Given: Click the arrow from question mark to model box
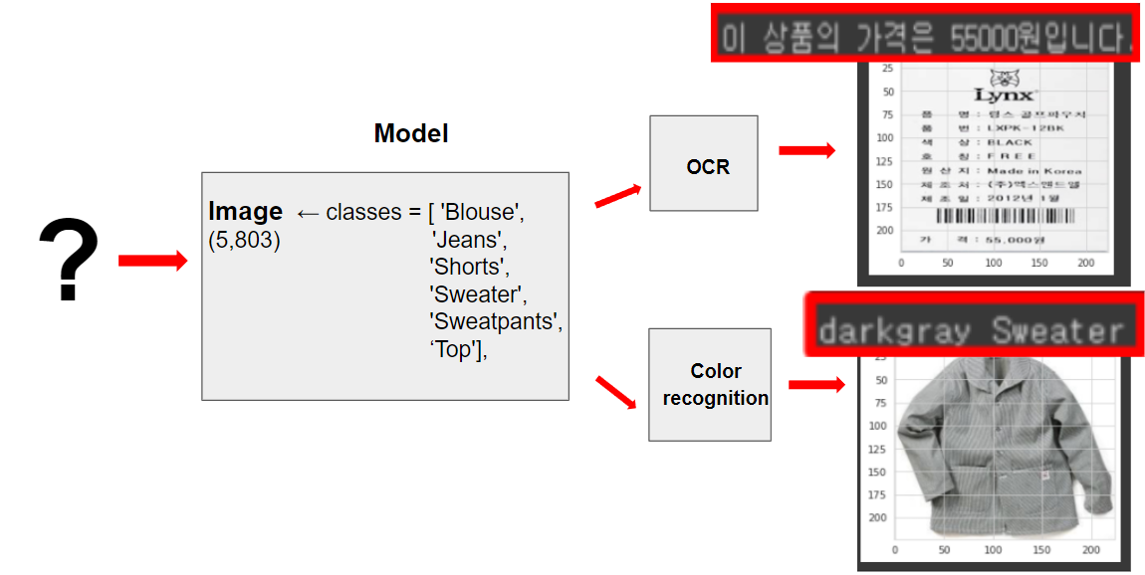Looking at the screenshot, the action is pos(152,261).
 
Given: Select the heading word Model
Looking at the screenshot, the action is pos(411,133).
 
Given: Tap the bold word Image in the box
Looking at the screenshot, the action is pos(245,212).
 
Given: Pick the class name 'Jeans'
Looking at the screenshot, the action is pos(469,240).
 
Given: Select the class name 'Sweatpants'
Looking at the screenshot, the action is pos(496,322).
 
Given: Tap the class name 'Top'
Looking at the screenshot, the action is pos(454,349).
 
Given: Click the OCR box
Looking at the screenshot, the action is pos(704,164).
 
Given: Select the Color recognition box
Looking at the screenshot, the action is pos(710,384).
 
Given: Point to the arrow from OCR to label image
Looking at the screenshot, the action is pos(806,150).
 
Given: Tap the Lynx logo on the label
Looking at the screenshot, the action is pos(1004,88).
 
